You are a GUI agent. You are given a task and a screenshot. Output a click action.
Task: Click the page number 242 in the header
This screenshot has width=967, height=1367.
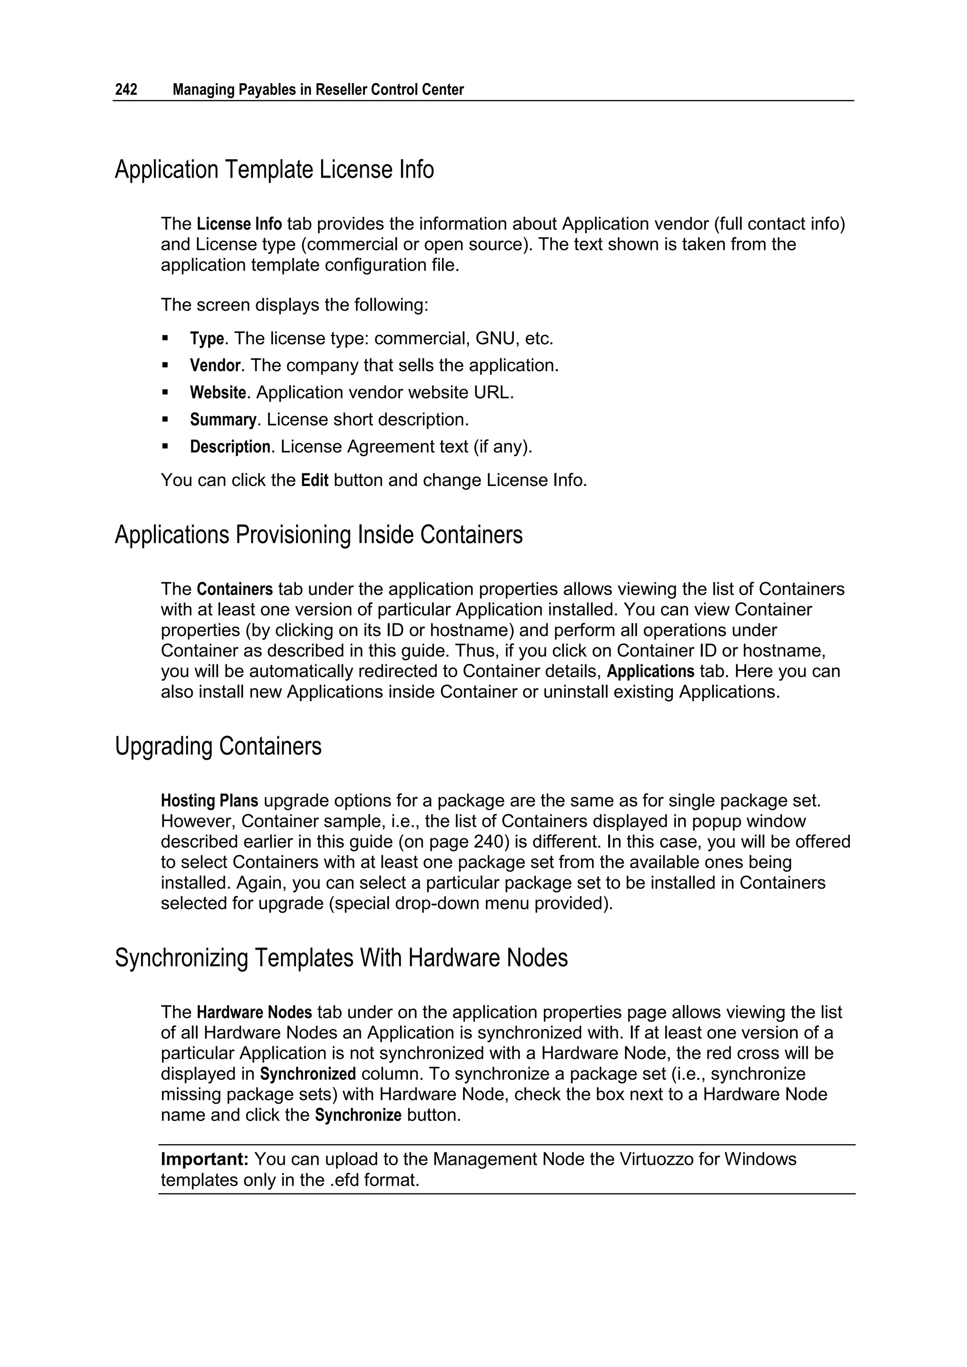pos(126,90)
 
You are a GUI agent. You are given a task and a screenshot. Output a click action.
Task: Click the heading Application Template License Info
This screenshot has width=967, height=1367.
pos(274,170)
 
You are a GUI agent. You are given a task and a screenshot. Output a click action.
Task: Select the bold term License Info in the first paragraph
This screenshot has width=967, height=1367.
pos(239,224)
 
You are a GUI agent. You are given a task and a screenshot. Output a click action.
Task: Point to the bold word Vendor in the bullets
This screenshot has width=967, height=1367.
pos(215,365)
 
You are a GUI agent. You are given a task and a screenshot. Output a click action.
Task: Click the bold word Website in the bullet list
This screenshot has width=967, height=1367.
pos(217,393)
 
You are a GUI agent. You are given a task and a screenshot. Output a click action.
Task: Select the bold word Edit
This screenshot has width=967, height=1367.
pos(314,481)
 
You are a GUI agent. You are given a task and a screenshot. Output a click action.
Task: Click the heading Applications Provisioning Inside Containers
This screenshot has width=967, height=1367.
pos(319,535)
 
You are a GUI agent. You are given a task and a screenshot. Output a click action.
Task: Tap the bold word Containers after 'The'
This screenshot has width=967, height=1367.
pos(235,589)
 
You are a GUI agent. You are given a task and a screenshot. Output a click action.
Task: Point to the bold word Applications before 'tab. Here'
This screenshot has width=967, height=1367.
pos(650,671)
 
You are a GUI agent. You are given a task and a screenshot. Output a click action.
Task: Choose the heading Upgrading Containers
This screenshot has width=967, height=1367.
pos(218,747)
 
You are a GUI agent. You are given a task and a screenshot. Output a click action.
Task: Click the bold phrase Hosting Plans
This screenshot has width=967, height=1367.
pos(210,801)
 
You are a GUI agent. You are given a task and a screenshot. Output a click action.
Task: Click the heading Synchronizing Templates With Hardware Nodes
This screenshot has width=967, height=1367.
pos(341,958)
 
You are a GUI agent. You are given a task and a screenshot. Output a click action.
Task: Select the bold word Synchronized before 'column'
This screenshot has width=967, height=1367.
pos(308,1074)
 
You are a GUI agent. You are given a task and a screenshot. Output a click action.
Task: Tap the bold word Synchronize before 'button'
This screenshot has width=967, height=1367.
pos(358,1115)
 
